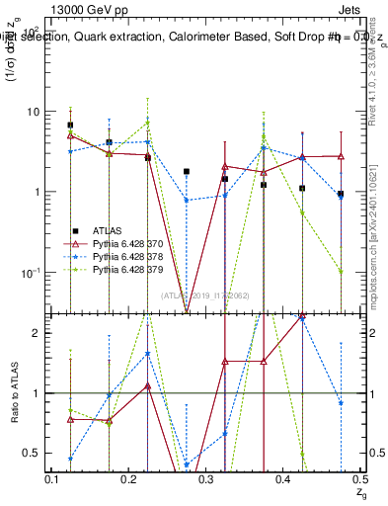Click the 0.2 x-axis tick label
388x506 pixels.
click(x=129, y=478)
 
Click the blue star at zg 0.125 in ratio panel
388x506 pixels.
click(x=70, y=459)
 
